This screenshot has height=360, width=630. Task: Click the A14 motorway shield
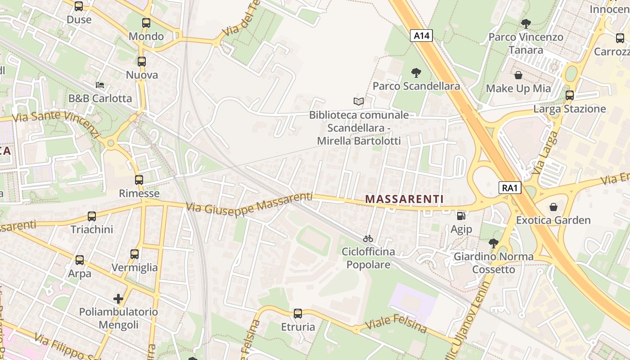point(421,36)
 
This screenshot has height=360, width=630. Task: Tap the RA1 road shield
point(510,188)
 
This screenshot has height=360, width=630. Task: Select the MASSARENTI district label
point(404,199)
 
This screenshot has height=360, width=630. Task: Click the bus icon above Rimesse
point(139,180)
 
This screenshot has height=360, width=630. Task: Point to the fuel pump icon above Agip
point(461,216)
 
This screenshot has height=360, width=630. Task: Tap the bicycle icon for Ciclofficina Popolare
point(368,238)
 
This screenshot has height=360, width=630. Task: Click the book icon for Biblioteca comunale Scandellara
point(358,101)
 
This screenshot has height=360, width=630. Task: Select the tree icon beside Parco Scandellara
point(416,72)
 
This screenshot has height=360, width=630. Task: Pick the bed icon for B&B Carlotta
point(100,85)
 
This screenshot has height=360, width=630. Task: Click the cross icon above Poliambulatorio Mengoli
point(118,298)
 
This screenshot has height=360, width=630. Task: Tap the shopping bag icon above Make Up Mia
point(518,75)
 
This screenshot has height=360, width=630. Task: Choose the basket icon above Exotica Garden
point(553,207)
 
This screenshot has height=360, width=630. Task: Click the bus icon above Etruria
point(297,314)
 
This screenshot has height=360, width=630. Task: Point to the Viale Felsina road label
point(396,324)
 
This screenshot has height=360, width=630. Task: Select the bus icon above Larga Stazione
point(570,95)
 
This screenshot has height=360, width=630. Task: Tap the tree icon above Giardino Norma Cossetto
point(493,243)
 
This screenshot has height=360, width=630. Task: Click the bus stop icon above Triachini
point(92,216)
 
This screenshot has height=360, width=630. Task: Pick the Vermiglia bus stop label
point(135,268)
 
